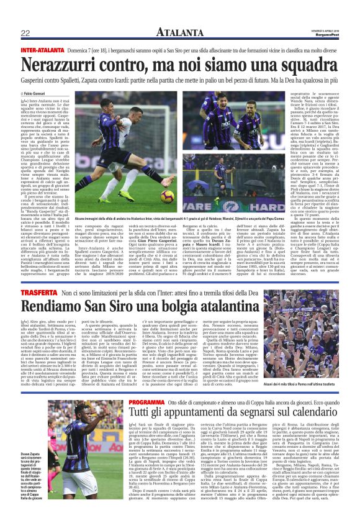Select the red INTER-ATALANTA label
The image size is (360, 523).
pos(40,49)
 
